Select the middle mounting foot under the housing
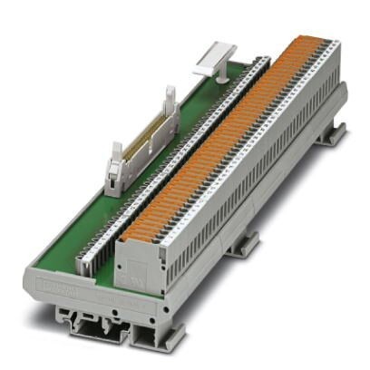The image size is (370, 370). (x=243, y=242)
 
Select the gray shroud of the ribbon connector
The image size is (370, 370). (x=141, y=145)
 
